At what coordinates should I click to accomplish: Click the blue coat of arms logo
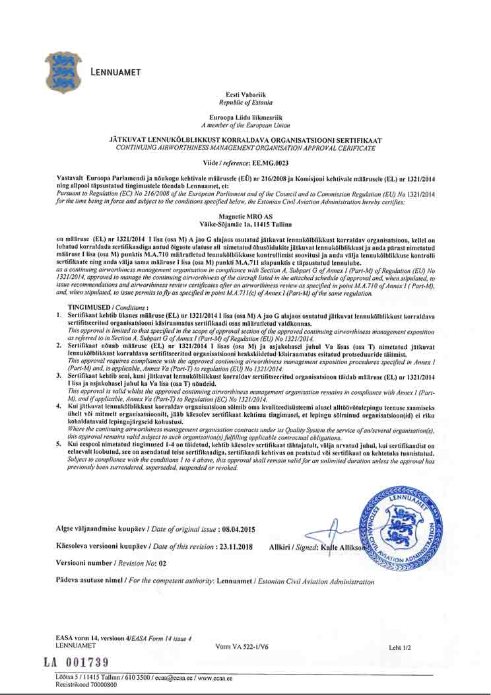(63, 72)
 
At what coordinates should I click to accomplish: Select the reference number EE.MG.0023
(271, 162)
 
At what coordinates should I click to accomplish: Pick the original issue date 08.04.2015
(238, 530)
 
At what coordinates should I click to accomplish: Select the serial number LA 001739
(76, 662)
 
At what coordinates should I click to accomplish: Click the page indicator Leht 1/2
(400, 648)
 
